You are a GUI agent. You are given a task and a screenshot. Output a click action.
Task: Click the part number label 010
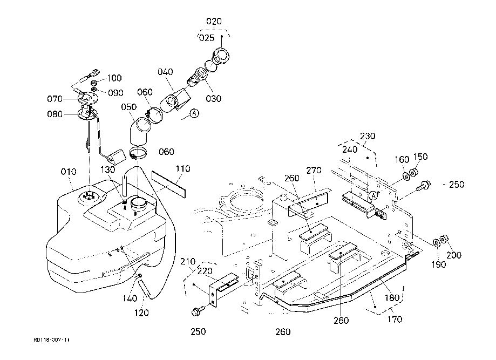[69, 172]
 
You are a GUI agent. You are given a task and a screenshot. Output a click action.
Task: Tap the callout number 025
[207, 38]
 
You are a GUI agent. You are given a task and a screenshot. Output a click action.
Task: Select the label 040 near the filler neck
[166, 72]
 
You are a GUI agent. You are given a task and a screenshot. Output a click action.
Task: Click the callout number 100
[114, 78]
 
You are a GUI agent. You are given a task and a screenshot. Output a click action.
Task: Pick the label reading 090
[115, 93]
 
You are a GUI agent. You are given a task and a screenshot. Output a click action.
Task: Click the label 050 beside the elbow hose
[128, 107]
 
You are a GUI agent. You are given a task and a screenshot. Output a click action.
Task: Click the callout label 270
[314, 171]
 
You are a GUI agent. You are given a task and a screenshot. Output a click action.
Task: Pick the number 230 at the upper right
[368, 135]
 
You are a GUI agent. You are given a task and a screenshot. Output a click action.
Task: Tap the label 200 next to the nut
[454, 255]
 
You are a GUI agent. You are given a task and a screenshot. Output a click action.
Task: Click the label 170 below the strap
[395, 319]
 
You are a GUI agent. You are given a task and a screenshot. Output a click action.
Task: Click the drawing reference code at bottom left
[51, 340]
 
